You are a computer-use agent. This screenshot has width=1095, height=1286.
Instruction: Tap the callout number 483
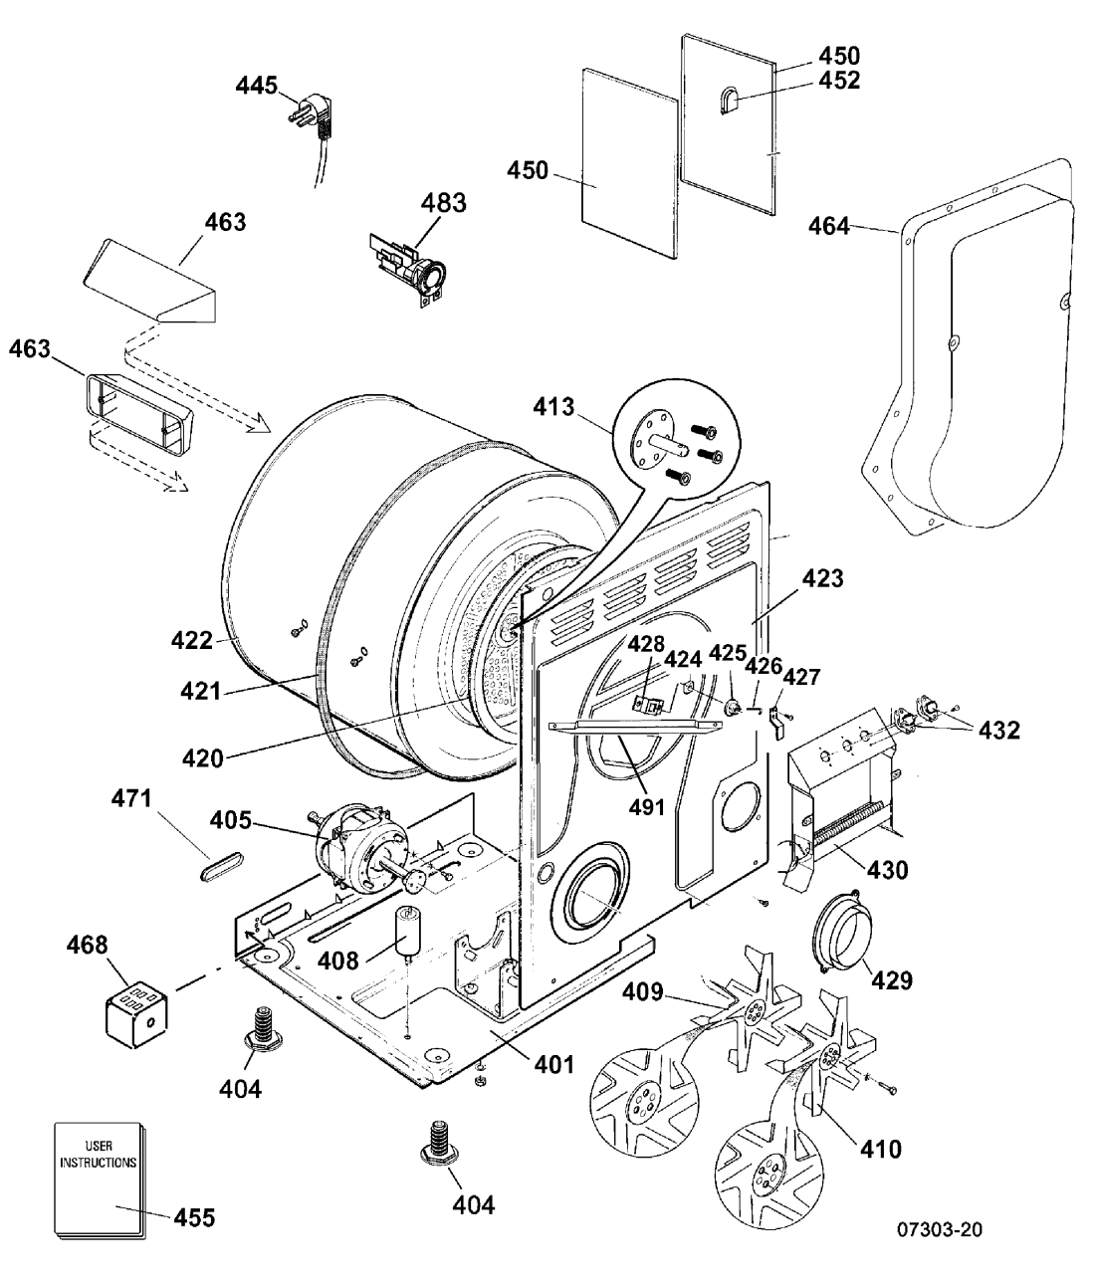444,203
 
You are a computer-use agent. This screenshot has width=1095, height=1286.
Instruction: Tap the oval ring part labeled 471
221,867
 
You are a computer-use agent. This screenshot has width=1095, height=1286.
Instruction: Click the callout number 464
828,226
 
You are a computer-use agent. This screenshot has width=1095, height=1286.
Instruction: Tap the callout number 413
553,407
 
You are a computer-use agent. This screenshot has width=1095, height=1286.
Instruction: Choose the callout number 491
647,807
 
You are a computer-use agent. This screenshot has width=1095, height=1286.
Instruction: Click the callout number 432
999,730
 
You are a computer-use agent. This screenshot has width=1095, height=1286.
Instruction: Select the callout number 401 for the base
553,1064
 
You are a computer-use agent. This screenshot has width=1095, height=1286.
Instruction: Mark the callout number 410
881,1149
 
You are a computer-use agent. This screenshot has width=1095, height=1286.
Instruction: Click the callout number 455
194,1217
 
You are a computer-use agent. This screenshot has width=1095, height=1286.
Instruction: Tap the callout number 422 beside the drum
191,640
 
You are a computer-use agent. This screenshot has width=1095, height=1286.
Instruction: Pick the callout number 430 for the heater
887,869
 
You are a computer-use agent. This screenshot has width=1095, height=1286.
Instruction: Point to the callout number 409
643,991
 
